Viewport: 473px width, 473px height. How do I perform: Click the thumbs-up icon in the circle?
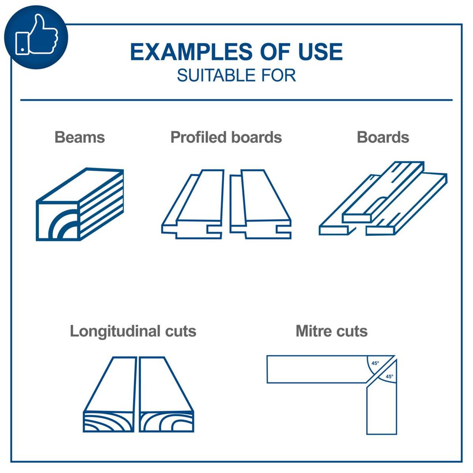click(x=36, y=36)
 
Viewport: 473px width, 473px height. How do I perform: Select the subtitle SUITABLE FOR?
click(x=236, y=75)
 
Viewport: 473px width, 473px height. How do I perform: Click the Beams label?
click(x=80, y=137)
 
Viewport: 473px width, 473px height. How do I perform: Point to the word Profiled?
click(x=198, y=137)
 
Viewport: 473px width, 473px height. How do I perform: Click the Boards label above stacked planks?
click(x=383, y=137)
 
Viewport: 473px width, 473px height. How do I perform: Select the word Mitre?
click(x=312, y=331)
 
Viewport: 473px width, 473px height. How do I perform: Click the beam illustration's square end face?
click(x=58, y=220)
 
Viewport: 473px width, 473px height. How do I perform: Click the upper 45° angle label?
click(x=375, y=363)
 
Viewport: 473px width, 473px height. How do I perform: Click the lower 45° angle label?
click(x=389, y=376)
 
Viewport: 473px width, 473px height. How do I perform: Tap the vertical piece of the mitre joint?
click(x=381, y=410)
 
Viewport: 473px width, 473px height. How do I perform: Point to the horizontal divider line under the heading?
click(x=236, y=100)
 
